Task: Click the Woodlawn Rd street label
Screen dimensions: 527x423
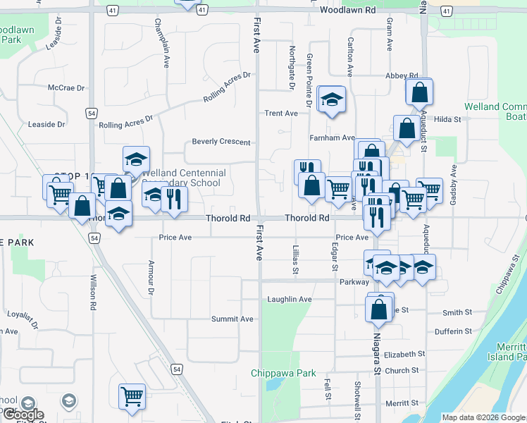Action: coord(347,11)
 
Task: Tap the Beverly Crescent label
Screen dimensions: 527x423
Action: coord(221,142)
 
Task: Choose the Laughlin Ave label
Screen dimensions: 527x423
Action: coord(289,299)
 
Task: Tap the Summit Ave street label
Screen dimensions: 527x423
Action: coord(232,319)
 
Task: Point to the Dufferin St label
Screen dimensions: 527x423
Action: coord(452,331)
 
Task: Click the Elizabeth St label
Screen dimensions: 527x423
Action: coord(404,354)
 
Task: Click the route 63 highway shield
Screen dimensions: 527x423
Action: coord(446,11)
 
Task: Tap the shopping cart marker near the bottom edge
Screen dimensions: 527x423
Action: coord(132,397)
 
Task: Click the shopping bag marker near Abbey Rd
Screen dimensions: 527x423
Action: coord(420,92)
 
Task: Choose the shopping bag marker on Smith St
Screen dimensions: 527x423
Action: coord(379,309)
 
